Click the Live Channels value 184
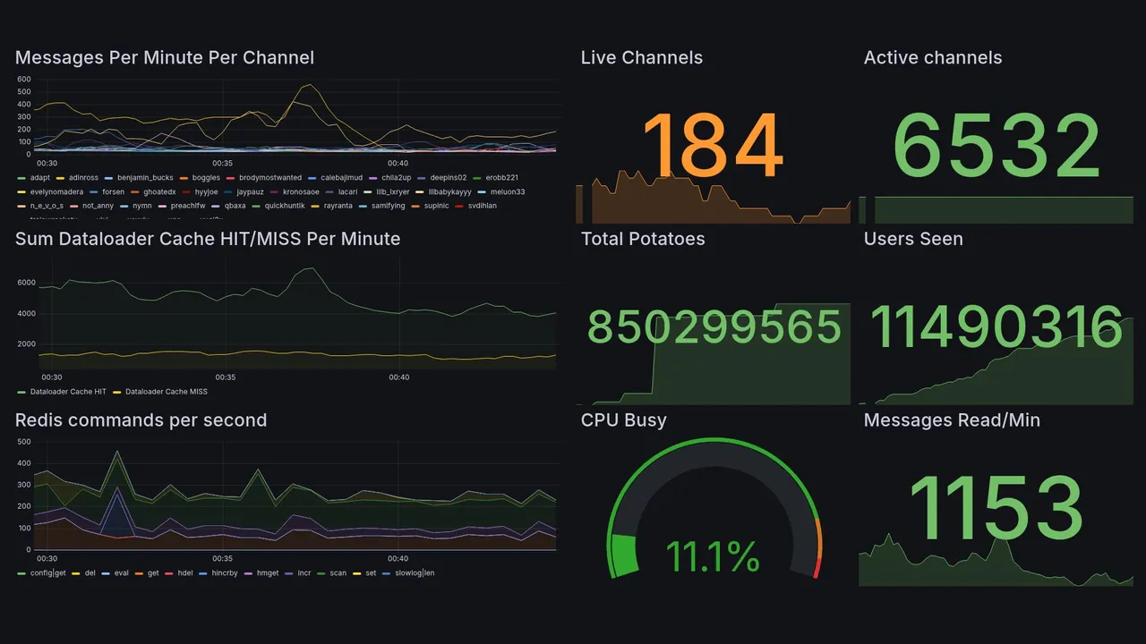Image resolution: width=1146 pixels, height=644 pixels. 713,148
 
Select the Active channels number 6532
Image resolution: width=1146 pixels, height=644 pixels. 996,148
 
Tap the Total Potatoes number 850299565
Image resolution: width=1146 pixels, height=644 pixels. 714,328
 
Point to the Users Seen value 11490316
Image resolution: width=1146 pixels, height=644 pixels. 996,328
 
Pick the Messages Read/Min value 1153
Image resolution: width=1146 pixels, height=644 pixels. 996,509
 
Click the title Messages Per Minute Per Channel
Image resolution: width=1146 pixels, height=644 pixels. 165,58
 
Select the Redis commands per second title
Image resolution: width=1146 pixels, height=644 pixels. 141,420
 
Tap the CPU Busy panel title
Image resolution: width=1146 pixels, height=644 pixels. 623,420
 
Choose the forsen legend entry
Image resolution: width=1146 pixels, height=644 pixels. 113,191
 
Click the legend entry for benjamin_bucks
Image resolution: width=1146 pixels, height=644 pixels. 145,178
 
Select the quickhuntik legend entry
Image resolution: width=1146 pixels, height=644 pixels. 285,206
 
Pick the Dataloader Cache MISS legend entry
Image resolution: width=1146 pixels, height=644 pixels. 166,392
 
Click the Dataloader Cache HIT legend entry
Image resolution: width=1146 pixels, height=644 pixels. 67,392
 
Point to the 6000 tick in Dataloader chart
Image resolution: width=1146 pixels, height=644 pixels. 26,283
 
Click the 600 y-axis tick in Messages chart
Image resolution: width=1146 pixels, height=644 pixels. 24,80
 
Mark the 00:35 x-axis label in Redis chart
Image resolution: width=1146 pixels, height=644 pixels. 222,558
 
